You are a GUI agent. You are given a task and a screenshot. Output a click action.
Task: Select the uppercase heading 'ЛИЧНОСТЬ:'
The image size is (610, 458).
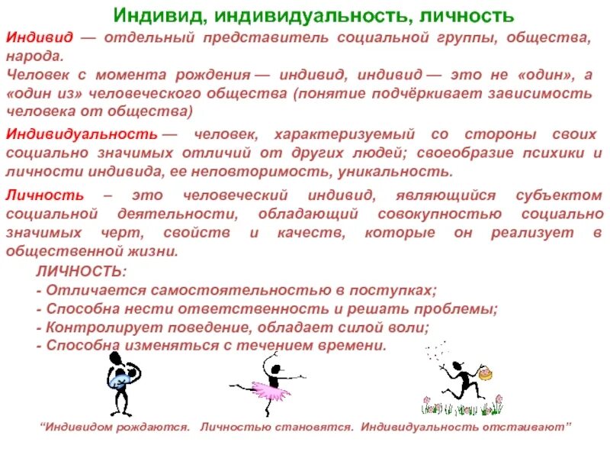click(x=82, y=272)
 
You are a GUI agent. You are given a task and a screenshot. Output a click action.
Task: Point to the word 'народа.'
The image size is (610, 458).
click(x=34, y=56)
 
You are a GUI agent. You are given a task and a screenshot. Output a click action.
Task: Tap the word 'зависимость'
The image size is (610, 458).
click(x=550, y=93)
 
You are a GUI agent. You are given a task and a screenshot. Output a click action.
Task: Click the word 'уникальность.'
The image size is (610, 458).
click(x=403, y=173)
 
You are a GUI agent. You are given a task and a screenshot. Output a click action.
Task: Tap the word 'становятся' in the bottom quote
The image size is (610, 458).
click(x=321, y=426)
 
